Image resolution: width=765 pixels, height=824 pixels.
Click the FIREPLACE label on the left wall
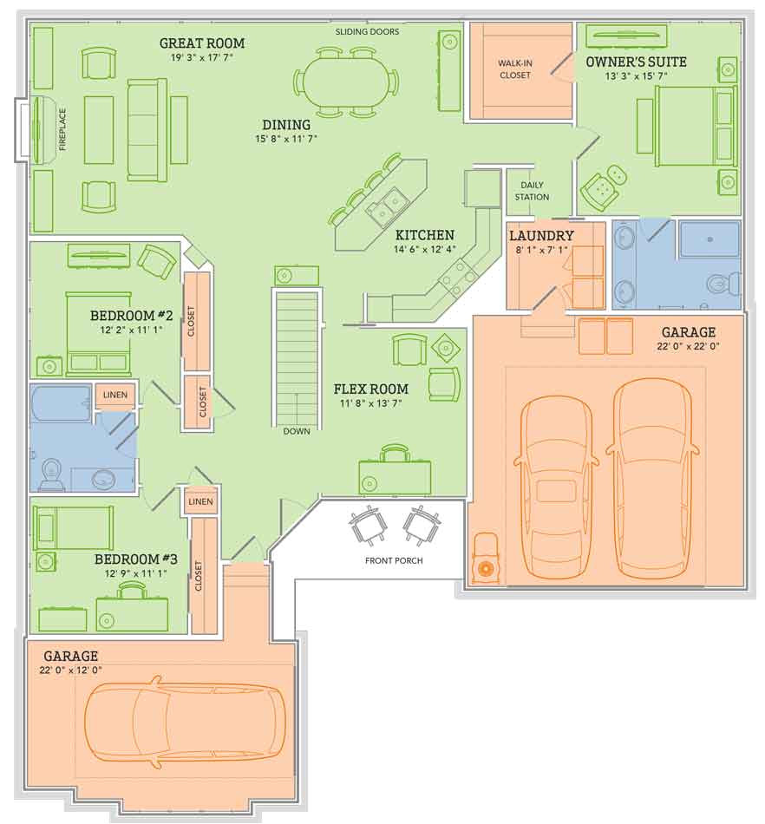(x=62, y=129)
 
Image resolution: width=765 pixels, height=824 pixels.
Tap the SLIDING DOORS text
(x=367, y=31)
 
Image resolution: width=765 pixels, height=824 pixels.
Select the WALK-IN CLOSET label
(x=515, y=69)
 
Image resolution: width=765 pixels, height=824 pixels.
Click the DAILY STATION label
(x=532, y=191)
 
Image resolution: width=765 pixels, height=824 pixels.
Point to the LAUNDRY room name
(x=541, y=235)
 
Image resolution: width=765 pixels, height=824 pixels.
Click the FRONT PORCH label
(x=394, y=560)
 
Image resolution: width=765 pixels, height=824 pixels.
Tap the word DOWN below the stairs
(x=297, y=431)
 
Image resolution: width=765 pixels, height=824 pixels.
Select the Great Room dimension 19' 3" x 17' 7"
(x=202, y=57)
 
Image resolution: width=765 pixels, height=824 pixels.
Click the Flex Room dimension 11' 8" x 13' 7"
(x=371, y=403)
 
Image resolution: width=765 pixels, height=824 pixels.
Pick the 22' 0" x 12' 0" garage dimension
(x=70, y=670)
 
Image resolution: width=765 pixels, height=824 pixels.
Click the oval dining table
(x=345, y=82)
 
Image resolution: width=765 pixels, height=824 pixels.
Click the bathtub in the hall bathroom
(x=62, y=403)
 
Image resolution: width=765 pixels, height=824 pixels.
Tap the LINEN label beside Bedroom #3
(x=200, y=501)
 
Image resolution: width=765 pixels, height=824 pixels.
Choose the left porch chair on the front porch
(x=369, y=525)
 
